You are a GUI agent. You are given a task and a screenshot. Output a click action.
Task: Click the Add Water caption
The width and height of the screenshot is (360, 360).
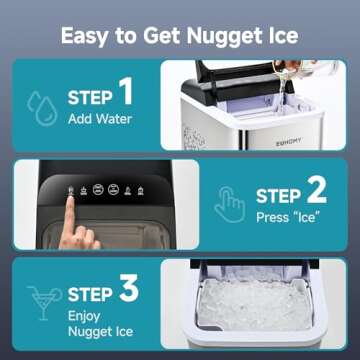point(100,120)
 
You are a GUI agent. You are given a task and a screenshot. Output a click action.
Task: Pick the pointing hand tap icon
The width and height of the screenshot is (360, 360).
point(230,204)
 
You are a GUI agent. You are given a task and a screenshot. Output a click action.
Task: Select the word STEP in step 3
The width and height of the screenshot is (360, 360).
point(88,295)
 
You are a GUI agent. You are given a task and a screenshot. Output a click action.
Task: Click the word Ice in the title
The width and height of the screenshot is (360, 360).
point(281,36)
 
